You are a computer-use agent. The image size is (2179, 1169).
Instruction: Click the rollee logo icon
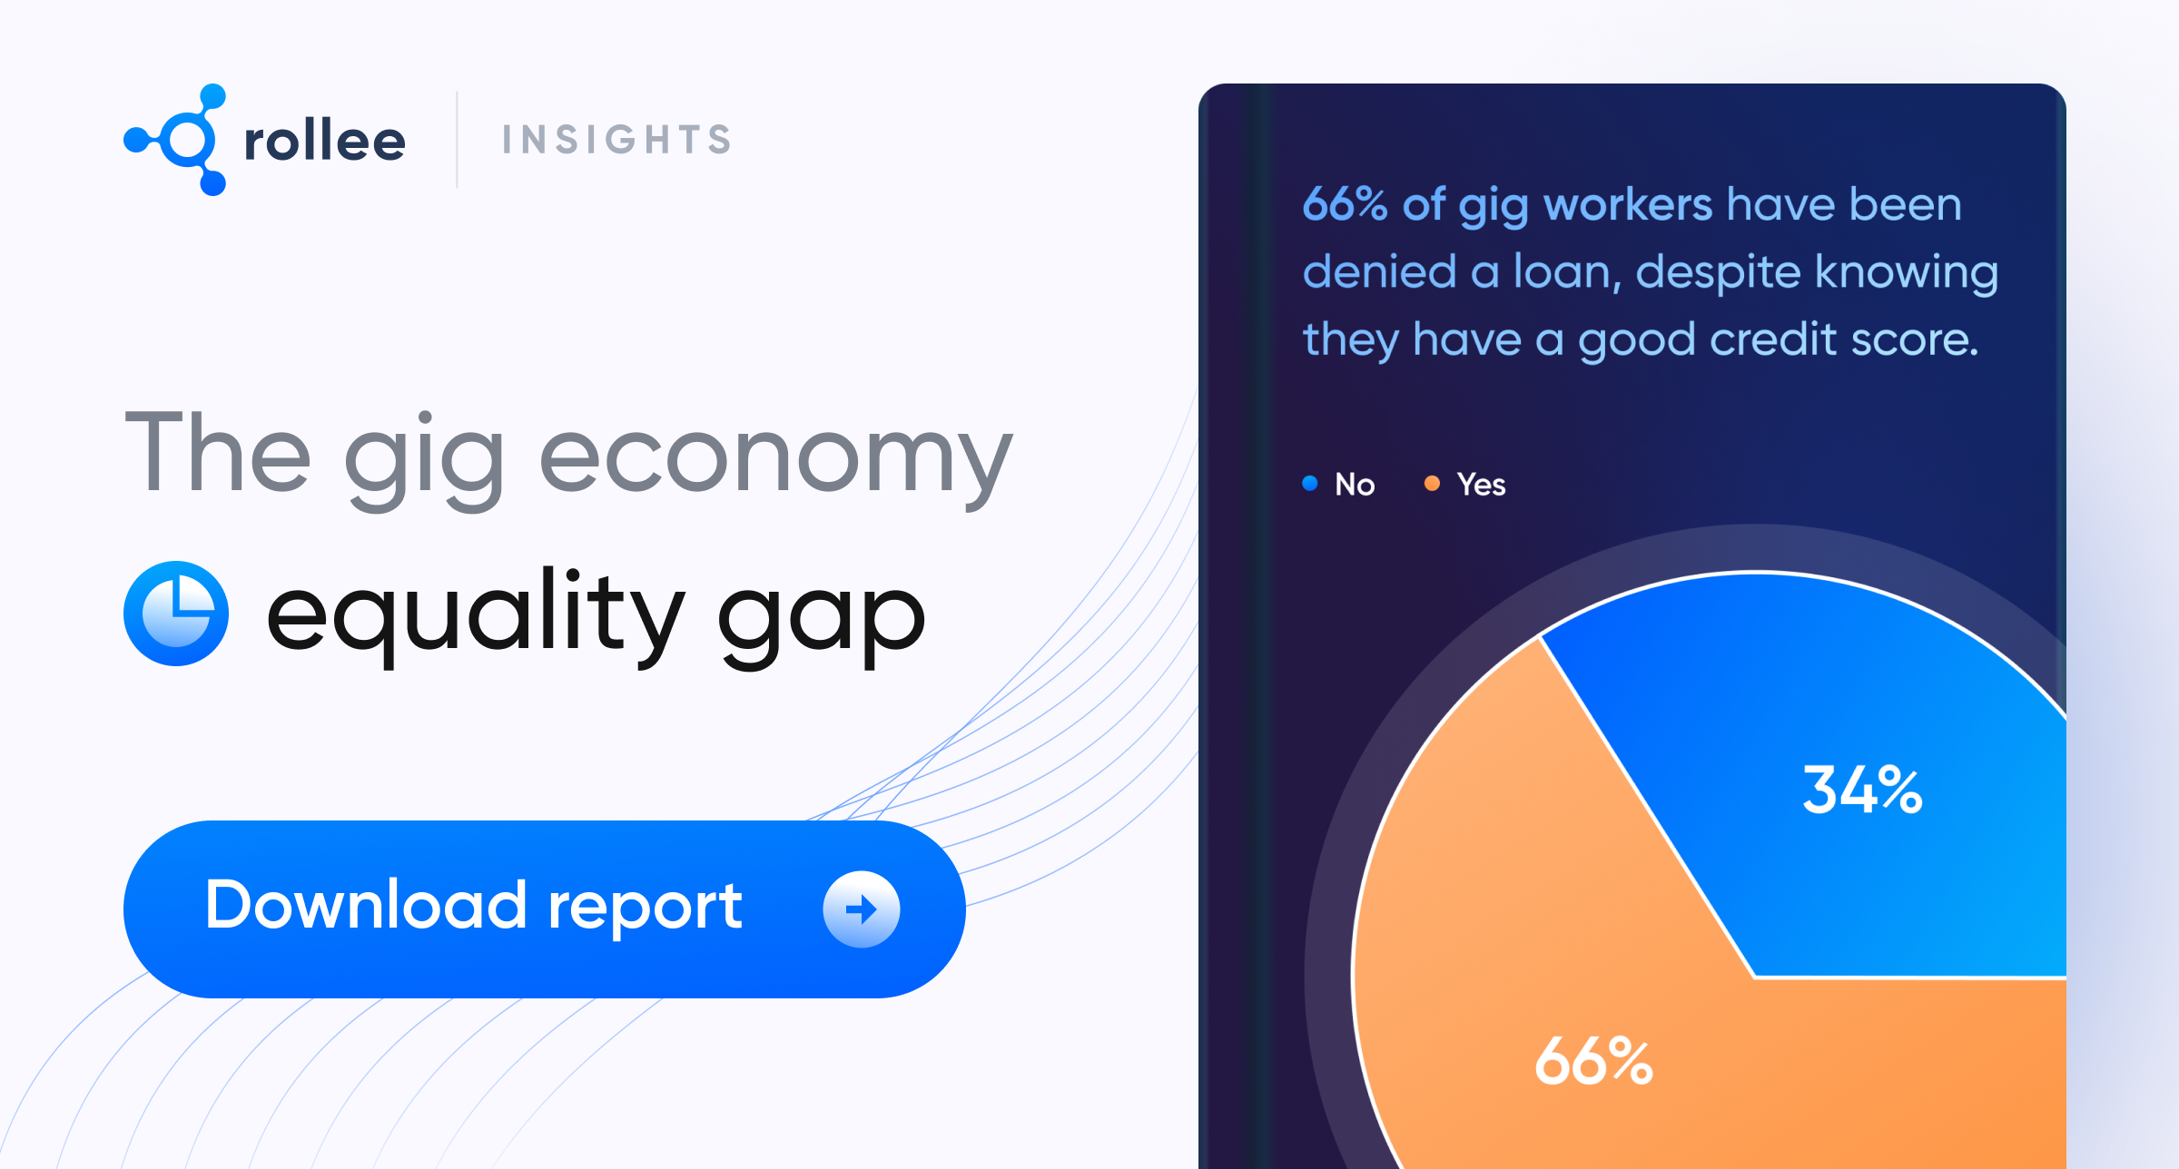pyautogui.click(x=178, y=140)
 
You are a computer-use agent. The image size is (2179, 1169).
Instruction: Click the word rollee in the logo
pyautogui.click(x=324, y=142)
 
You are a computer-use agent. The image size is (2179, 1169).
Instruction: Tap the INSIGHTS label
pyautogui.click(x=616, y=140)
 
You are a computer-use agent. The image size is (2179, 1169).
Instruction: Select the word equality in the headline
pyautogui.click(x=474, y=614)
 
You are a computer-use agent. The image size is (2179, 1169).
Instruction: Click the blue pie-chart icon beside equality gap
pyautogui.click(x=176, y=614)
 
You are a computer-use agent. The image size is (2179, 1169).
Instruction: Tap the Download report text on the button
pyautogui.click(x=473, y=906)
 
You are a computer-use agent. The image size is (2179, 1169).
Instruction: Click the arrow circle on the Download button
pyautogui.click(x=861, y=909)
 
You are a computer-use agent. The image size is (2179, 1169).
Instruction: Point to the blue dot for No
pyautogui.click(x=1310, y=483)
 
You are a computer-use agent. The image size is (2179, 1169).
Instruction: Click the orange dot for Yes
pyautogui.click(x=1432, y=483)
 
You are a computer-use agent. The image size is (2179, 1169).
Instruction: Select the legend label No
pyautogui.click(x=1355, y=485)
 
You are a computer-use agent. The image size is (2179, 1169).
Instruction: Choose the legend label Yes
pyautogui.click(x=1481, y=485)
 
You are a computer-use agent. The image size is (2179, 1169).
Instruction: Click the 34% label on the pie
pyautogui.click(x=1862, y=790)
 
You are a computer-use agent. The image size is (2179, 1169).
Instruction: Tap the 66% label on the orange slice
pyautogui.click(x=1593, y=1061)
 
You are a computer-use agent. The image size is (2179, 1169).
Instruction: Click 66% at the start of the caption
pyautogui.click(x=1345, y=204)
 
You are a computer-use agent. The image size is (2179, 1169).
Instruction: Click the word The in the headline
pyautogui.click(x=218, y=453)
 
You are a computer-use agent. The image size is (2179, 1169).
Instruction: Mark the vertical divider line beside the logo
pyautogui.click(x=457, y=140)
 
